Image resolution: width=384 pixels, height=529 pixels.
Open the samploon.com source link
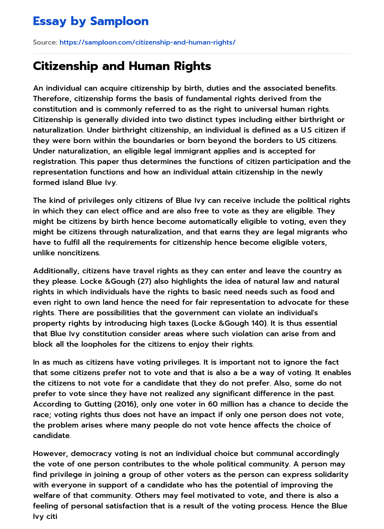point(147,42)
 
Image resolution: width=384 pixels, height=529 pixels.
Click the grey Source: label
point(45,42)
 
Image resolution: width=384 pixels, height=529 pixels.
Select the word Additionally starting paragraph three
point(55,271)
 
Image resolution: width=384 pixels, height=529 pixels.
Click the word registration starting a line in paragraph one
point(55,161)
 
